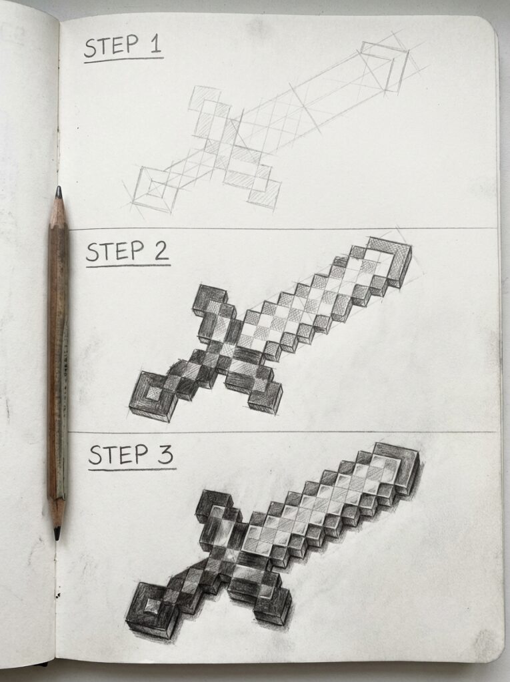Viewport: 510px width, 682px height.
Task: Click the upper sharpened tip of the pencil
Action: point(59,192)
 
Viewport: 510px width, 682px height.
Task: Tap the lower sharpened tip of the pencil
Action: point(57,532)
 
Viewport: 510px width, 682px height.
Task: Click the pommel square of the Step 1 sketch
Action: point(153,192)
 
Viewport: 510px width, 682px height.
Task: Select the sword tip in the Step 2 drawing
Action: point(390,259)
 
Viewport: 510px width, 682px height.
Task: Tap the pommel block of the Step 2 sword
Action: point(152,397)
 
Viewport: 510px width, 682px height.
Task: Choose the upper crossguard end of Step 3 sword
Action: point(211,505)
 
